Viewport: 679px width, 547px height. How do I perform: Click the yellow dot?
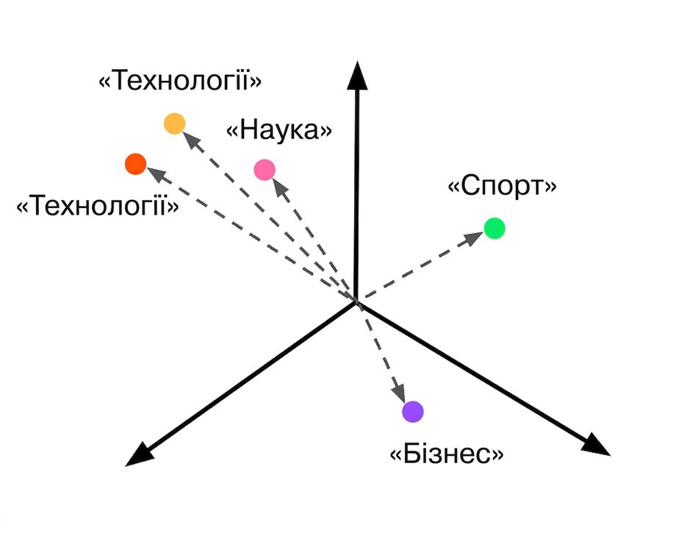point(174,124)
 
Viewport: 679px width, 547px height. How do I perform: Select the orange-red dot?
point(135,164)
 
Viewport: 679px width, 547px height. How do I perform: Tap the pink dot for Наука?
point(265,170)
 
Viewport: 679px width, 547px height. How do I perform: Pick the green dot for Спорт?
point(494,228)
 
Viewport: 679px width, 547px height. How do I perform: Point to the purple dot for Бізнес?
point(413,412)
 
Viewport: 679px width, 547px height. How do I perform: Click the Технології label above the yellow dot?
point(181,81)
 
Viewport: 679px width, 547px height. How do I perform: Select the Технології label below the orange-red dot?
point(98,205)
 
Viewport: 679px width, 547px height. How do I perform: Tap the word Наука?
point(279,130)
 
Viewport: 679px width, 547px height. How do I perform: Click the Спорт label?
point(503,186)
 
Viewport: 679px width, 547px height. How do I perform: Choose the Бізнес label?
point(448,454)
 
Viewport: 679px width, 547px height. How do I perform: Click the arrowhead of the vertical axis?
point(357,75)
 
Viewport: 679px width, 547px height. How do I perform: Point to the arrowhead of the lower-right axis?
point(596,445)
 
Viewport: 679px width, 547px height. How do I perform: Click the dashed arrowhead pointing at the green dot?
point(474,237)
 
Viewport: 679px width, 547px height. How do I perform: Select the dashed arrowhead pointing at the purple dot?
point(398,393)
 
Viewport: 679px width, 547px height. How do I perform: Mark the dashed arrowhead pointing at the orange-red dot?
point(157,174)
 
